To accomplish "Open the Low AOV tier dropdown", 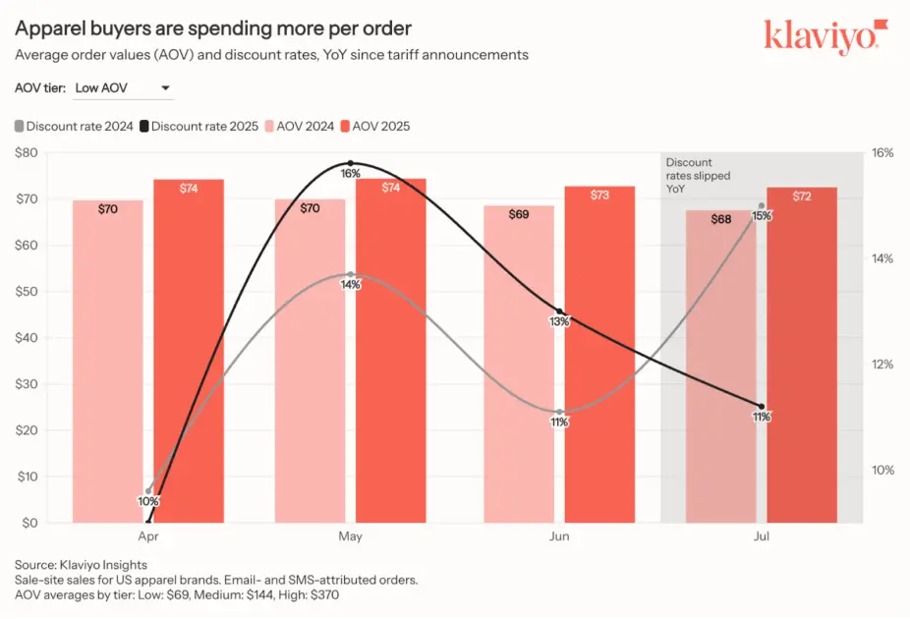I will (123, 88).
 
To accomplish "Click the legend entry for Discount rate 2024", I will (74, 126).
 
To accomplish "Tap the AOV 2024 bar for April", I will (107, 364).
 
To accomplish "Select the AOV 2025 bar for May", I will (390, 354).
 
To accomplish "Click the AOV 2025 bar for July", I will (802, 364).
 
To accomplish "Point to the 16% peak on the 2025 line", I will (351, 163).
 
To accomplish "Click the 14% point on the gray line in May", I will (351, 274).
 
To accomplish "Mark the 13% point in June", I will (559, 311).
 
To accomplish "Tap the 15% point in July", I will (762, 205).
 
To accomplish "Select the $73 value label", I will (599, 195).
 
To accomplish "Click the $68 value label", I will (721, 219).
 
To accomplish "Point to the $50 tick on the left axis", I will (27, 292).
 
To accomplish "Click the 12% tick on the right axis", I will (882, 365).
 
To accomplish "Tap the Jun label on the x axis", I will (559, 537).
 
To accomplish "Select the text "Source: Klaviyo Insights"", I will (81, 565).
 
